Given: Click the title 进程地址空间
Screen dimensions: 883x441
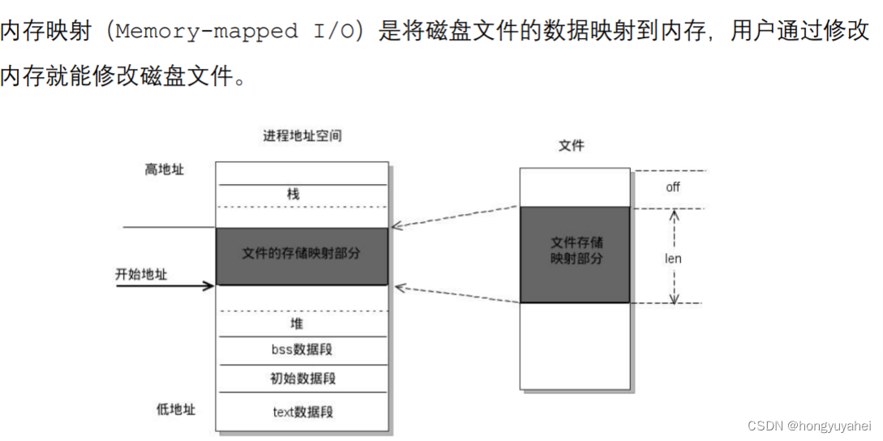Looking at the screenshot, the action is pos(302,135).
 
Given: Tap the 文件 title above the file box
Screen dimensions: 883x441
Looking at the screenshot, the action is pos(572,146).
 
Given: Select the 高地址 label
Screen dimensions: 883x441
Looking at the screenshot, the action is pos(165,169).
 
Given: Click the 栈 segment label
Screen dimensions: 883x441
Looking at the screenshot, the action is pos(293,195).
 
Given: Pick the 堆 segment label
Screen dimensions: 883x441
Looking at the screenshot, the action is pos(297,323).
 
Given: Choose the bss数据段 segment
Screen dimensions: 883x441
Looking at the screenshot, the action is pos(302,350).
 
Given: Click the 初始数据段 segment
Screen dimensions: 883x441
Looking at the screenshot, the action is pos(302,379).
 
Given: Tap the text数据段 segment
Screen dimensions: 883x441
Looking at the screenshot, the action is pos(302,412).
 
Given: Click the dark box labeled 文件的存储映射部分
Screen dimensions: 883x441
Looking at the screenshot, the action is pos(302,255).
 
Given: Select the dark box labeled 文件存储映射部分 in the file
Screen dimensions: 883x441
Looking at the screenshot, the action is pos(575,253).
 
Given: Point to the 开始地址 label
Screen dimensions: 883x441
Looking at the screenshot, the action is pos(141,274).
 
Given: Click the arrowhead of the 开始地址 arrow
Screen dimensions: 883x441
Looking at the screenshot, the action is pos(210,285).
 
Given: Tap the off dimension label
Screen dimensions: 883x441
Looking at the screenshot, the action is pos(673,187).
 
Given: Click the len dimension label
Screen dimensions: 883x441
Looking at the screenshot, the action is pos(673,259).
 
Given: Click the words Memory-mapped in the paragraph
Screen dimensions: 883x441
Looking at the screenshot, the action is pos(208,32).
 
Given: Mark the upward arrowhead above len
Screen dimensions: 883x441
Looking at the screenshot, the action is pos(673,214).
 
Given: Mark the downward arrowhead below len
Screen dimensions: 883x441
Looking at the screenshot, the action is pos(673,298).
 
